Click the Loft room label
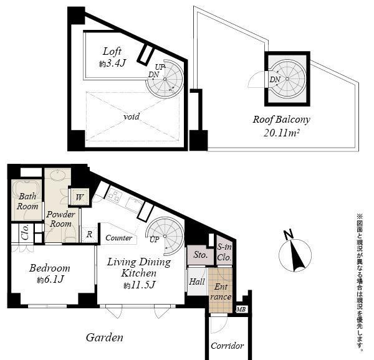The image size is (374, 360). point(112,52)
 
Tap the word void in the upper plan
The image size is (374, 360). point(131,116)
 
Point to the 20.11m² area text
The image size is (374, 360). point(282,132)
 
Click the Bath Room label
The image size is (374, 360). point(27,201)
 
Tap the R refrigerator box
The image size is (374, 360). point(90,235)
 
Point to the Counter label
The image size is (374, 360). point(118,238)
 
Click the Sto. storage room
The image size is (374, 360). point(199,255)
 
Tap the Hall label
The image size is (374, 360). point(196,282)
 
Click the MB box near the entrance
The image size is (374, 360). point(241,309)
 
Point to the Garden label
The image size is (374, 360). point(105,338)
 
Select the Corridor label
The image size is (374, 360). point(227,346)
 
